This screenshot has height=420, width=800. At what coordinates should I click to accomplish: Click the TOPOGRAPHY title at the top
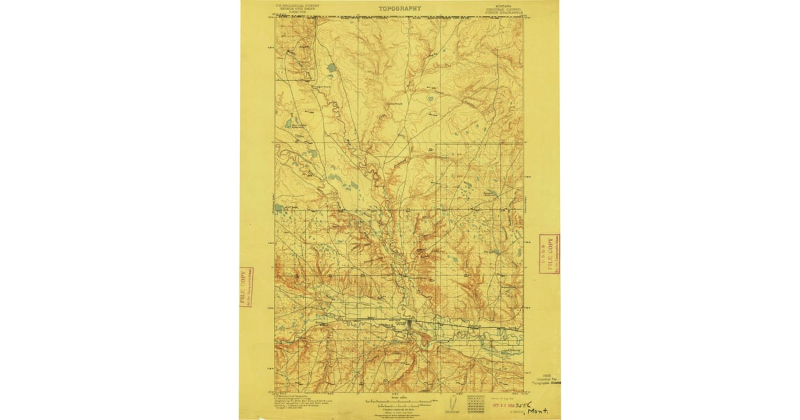tap(400, 9)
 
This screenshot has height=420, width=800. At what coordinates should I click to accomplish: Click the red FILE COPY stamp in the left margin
tap(246, 287)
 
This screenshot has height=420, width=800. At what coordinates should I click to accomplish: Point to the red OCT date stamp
tap(502, 404)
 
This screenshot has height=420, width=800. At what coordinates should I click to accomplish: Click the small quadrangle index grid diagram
tap(475, 403)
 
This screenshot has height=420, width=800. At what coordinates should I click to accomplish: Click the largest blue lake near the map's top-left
tap(331, 67)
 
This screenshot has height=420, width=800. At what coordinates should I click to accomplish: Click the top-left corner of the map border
tap(275, 17)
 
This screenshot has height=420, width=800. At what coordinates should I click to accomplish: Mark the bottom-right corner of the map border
tap(523, 392)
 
